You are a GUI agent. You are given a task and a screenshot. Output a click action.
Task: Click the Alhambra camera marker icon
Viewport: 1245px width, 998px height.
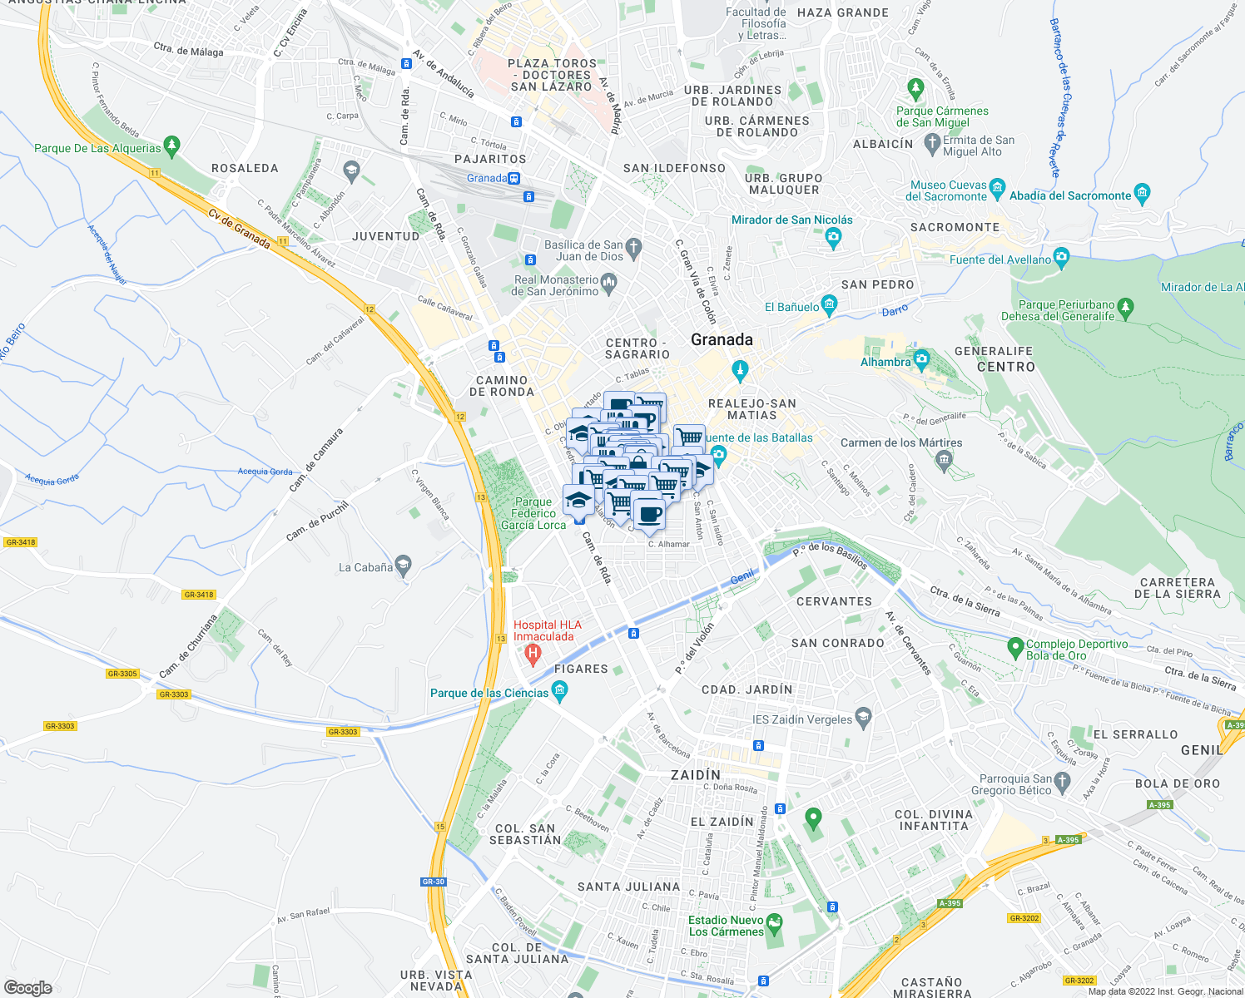point(920,360)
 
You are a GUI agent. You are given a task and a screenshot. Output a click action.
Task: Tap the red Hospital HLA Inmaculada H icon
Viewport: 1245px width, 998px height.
point(533,656)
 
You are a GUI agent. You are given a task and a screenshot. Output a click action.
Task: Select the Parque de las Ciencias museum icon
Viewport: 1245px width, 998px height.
point(559,690)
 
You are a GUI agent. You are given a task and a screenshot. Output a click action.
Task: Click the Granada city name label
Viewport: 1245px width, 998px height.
point(722,339)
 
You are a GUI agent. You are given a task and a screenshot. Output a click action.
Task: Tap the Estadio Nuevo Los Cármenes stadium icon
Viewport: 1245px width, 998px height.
point(775,923)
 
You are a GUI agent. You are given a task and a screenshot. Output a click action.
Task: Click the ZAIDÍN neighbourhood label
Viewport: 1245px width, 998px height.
point(696,774)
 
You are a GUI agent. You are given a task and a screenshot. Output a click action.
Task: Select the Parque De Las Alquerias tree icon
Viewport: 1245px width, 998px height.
point(171,146)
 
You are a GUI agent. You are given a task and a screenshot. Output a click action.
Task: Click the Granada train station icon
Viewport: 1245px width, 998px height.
point(514,178)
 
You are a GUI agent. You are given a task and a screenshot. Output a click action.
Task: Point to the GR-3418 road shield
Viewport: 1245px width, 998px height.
point(199,595)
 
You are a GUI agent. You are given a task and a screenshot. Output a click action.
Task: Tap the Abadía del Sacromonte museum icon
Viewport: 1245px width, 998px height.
point(1142,195)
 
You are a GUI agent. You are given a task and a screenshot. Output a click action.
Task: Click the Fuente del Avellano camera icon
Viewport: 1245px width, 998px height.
point(1060,258)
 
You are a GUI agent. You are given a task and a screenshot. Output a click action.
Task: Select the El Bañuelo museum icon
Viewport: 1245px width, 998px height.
point(829,305)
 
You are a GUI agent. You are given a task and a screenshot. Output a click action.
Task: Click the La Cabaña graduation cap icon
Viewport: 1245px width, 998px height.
point(404,566)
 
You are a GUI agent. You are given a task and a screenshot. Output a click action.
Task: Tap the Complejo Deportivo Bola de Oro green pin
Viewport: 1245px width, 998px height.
point(1014,646)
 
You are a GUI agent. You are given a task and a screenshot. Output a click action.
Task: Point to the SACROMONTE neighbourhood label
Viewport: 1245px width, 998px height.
point(955,227)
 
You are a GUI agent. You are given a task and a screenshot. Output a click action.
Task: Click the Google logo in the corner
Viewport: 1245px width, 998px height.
point(27,987)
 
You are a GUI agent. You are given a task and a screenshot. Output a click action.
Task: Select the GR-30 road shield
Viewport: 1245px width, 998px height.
point(434,882)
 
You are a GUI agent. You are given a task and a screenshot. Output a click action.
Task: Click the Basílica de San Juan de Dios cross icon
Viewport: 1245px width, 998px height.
point(633,247)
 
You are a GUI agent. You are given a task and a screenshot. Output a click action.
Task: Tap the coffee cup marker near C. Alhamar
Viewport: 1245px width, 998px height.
point(648,511)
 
